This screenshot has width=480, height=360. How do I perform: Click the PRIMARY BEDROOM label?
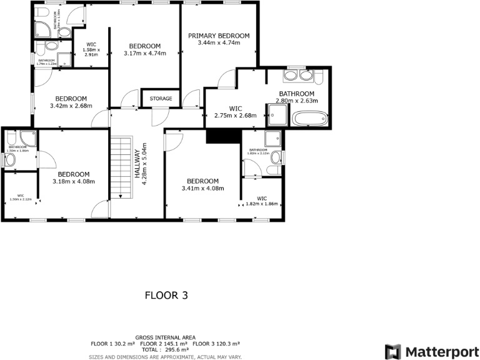[x=219, y=36]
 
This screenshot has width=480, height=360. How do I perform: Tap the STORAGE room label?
[x=161, y=99]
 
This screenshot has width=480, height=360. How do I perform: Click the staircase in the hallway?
[x=124, y=167]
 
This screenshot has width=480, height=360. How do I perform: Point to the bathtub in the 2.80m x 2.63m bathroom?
[x=309, y=118]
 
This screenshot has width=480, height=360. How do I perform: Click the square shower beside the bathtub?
[x=278, y=115]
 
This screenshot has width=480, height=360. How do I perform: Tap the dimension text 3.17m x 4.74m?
[x=144, y=54]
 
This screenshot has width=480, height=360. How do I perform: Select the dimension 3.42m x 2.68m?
[x=71, y=106]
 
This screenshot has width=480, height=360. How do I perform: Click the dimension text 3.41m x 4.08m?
[x=202, y=189]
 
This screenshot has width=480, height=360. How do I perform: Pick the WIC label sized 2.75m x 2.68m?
[x=235, y=108]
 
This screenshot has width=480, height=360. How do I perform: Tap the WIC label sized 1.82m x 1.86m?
[x=261, y=198]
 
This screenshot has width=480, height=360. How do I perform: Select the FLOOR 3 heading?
[x=166, y=295]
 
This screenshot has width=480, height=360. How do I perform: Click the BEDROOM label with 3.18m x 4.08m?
[x=74, y=174]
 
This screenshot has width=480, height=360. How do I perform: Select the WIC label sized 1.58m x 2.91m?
[x=91, y=44]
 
